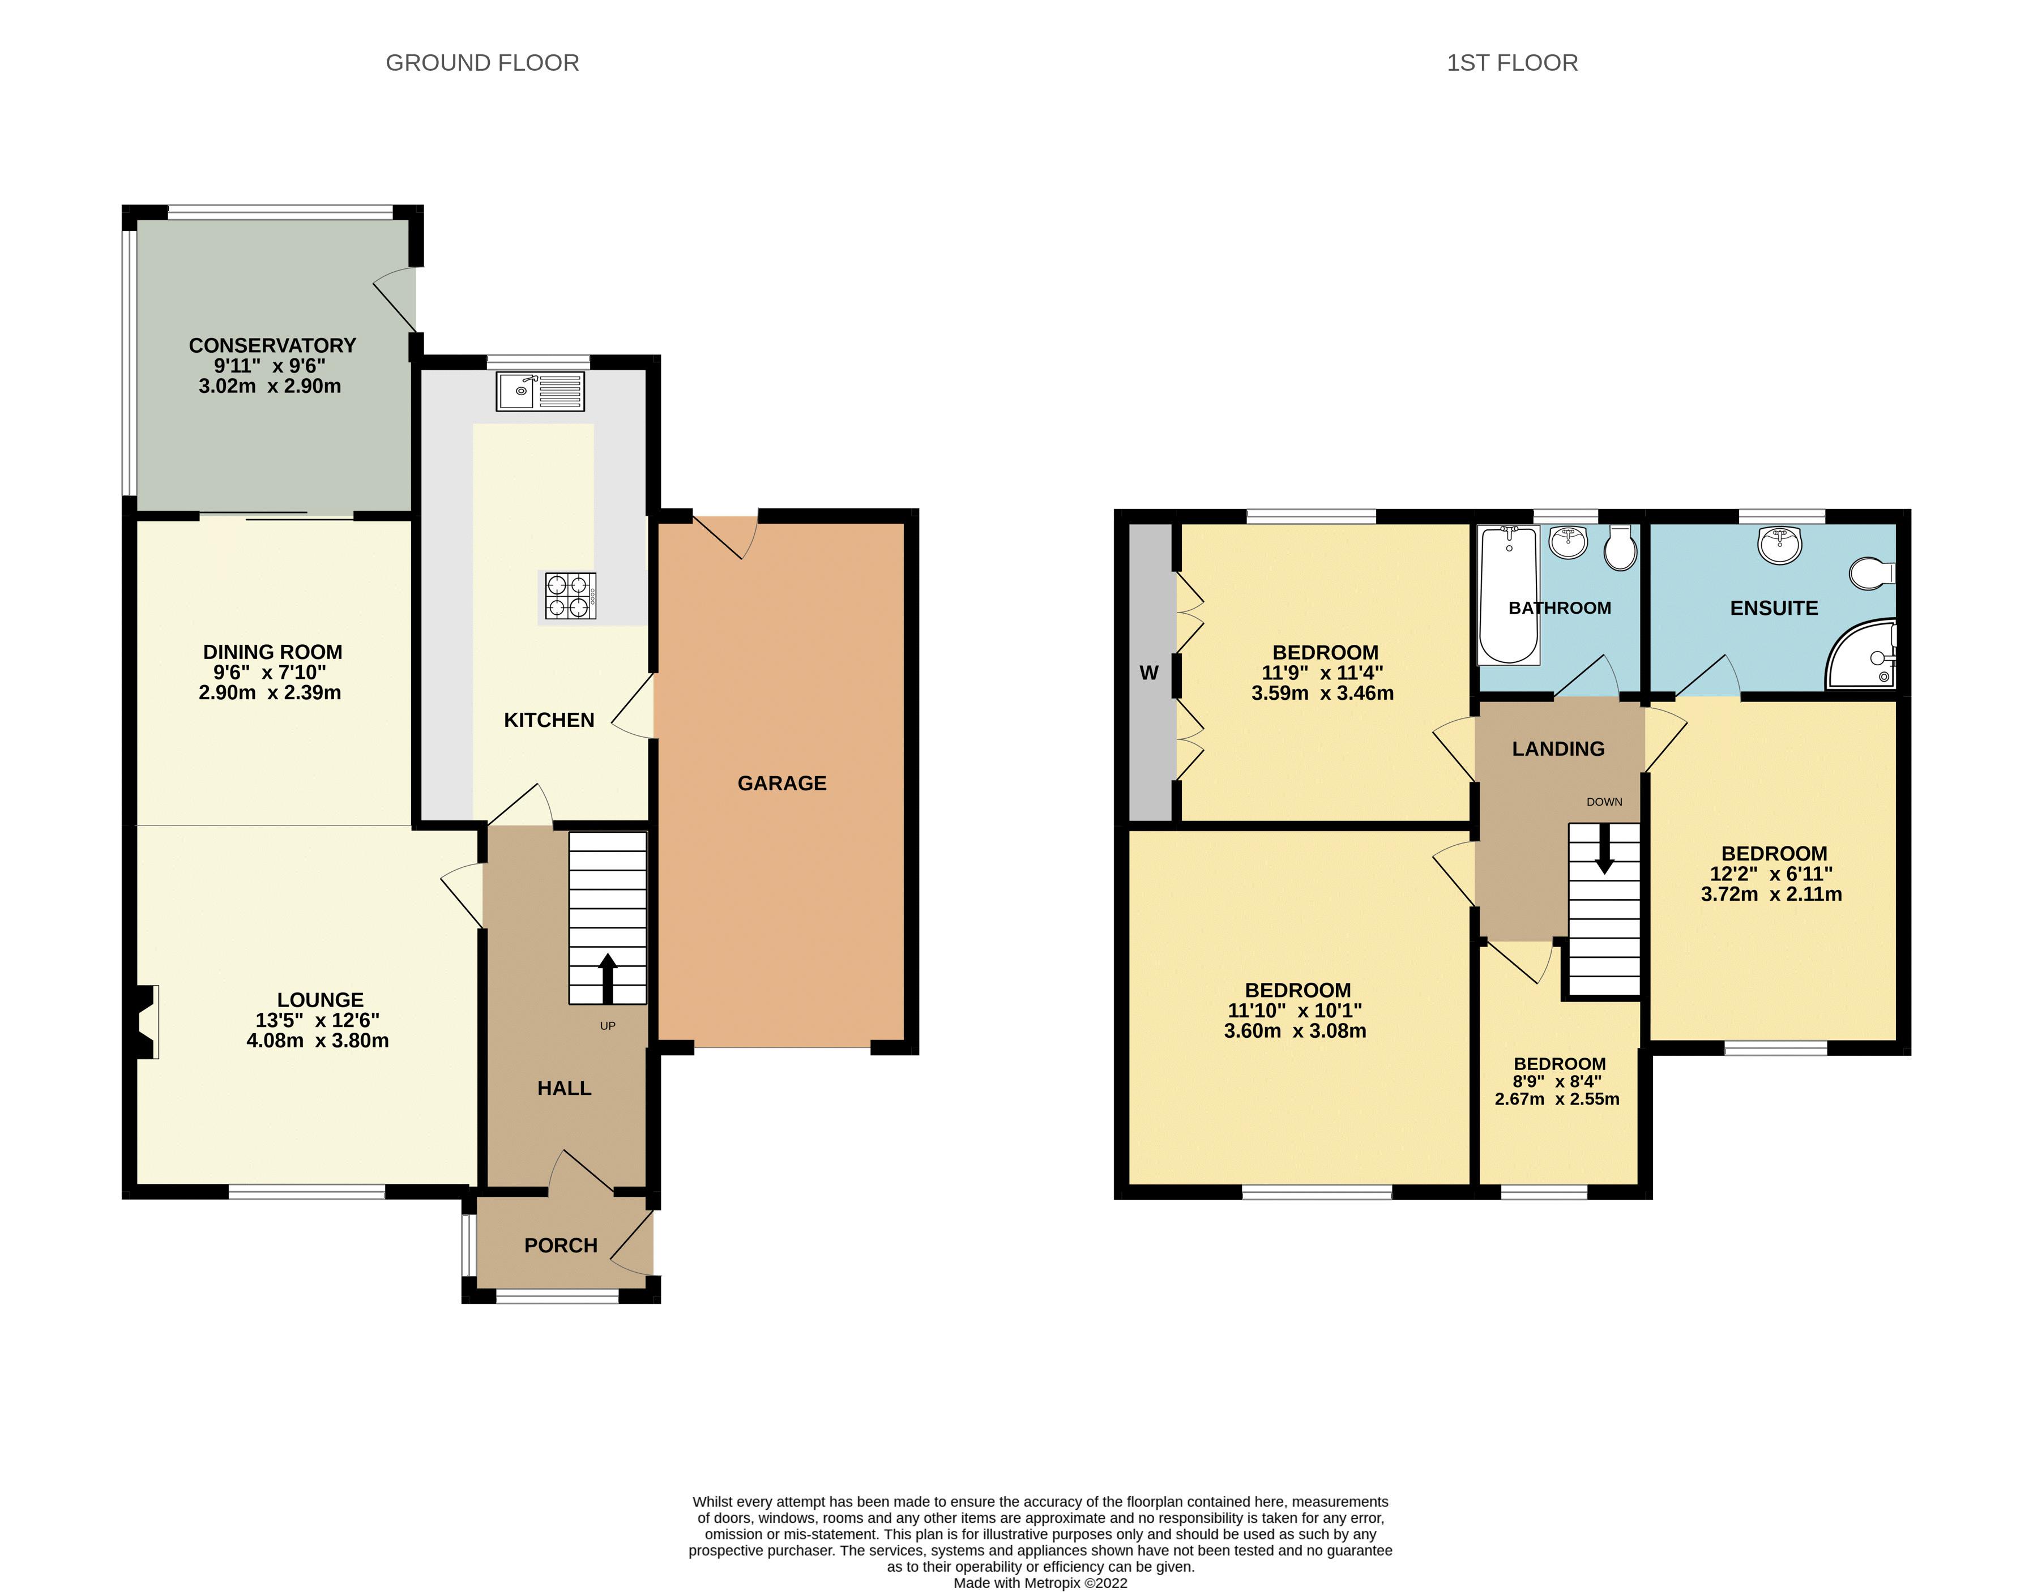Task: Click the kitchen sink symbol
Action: [541, 391]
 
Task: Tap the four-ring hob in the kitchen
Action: [570, 597]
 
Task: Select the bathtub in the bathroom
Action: [1508, 594]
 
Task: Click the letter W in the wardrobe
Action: [1148, 673]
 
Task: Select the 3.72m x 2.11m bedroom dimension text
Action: [1771, 895]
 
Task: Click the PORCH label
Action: [560, 1246]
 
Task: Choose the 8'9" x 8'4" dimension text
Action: [1557, 1081]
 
